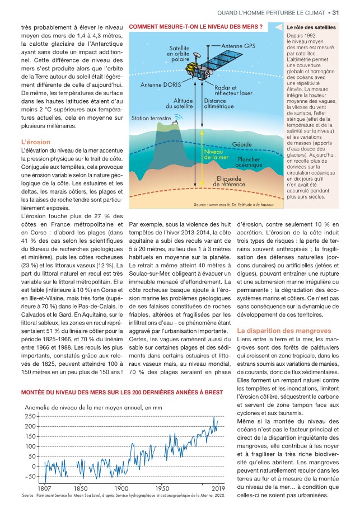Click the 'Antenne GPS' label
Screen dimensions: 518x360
tap(239, 45)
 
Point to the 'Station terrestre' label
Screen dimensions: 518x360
tap(151, 118)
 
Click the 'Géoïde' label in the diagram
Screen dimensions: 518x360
tap(242, 144)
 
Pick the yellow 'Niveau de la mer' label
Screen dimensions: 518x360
tap(216, 155)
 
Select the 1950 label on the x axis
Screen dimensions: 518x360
tap(162, 488)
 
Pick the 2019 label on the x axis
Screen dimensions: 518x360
tap(218, 488)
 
